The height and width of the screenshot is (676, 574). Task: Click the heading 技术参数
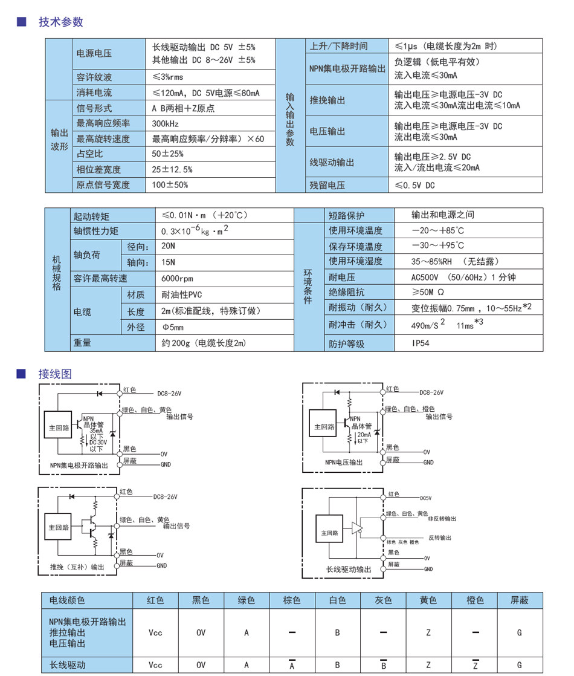[60, 22]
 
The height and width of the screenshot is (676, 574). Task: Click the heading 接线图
[54, 374]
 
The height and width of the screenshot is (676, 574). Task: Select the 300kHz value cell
[163, 123]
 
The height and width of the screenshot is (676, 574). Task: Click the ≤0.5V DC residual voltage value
[414, 185]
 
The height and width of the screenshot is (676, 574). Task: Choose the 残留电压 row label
[327, 185]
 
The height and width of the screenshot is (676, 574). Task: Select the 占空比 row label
[89, 154]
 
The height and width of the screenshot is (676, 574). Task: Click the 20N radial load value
[168, 247]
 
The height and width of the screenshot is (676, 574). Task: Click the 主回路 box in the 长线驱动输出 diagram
[330, 533]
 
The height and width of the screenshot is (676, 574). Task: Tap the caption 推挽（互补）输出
[77, 567]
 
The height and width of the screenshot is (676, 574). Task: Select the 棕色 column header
[292, 600]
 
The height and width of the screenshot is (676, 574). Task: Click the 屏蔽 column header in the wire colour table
[519, 600]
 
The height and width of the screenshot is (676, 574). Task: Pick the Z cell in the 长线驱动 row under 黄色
[428, 665]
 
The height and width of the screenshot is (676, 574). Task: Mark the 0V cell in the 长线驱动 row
[201, 665]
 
